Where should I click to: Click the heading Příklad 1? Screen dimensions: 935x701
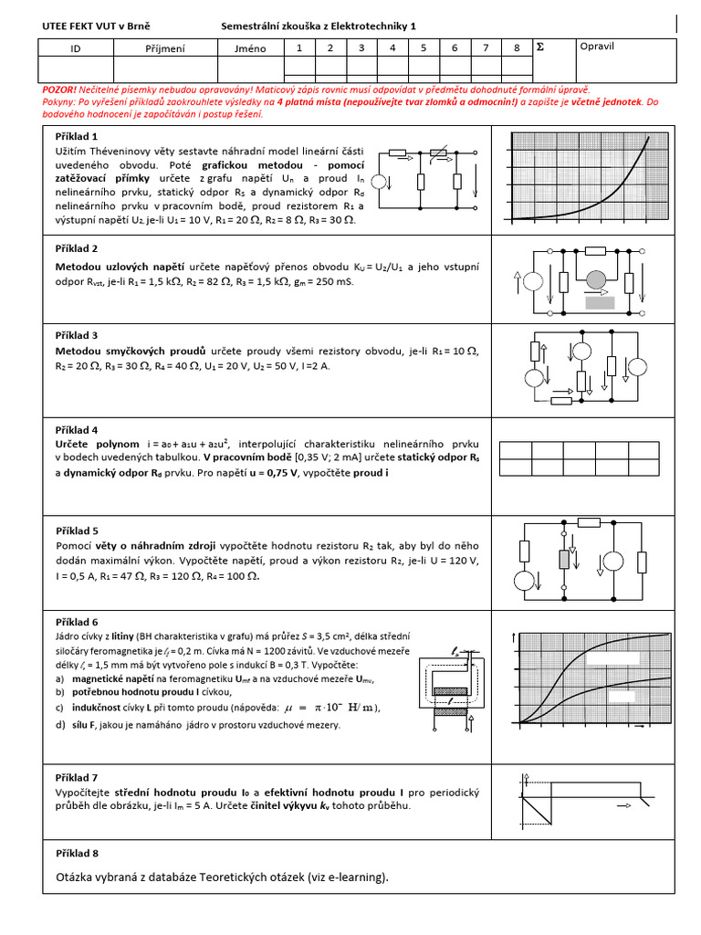point(77,136)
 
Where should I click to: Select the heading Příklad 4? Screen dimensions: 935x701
point(77,430)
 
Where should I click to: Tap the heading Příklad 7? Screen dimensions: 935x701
point(77,778)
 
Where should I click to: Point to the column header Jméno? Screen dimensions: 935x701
point(250,47)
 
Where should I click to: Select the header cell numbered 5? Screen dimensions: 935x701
point(424,47)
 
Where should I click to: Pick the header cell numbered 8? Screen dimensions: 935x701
point(517,47)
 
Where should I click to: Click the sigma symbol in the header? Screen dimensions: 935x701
point(539,46)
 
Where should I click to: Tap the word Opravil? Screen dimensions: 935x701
point(598,46)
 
